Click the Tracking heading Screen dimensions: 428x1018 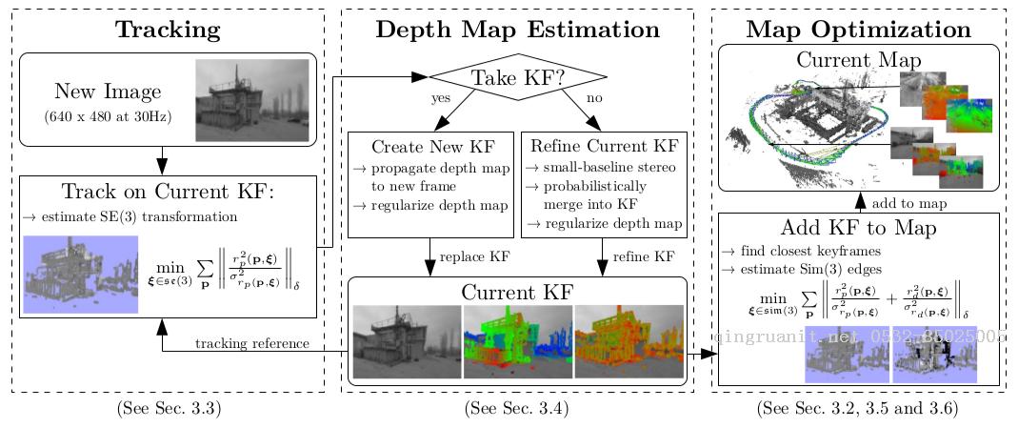[168, 30]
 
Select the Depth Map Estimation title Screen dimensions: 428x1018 [517, 30]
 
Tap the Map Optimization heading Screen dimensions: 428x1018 [858, 30]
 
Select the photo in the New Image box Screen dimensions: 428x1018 [251, 100]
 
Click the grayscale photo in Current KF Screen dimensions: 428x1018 [407, 341]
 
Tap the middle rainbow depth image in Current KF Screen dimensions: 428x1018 [518, 341]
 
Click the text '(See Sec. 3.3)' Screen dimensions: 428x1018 [168, 409]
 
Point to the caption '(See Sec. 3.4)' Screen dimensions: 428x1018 [517, 409]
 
